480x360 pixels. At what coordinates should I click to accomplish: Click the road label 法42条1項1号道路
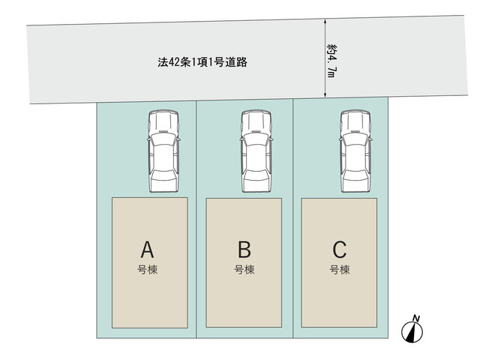click(202, 62)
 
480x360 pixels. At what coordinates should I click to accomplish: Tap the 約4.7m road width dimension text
click(331, 61)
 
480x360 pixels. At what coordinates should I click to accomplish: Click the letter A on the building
click(147, 250)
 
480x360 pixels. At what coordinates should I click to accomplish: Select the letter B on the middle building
click(244, 249)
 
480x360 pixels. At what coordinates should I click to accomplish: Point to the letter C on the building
click(340, 250)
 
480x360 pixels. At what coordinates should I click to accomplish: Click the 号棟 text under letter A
click(147, 270)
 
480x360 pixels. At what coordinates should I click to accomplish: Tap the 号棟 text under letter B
click(244, 270)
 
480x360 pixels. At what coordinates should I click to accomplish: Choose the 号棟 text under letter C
click(340, 270)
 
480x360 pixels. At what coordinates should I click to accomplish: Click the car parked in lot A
click(163, 151)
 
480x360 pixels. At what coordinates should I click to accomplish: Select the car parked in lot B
click(256, 151)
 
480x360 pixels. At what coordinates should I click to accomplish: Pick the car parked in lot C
click(355, 151)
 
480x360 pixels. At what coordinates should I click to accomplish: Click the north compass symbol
click(412, 331)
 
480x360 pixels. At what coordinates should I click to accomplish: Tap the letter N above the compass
click(416, 318)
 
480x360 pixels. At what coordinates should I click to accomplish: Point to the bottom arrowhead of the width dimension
click(325, 95)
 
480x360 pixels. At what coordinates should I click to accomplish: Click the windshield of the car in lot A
click(163, 138)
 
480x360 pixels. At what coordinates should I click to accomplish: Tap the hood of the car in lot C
click(355, 121)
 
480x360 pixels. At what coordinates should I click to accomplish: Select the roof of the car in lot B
click(256, 157)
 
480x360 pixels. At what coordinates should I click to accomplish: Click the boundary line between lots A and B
click(196, 219)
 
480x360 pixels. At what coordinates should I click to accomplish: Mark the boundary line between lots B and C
click(293, 218)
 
